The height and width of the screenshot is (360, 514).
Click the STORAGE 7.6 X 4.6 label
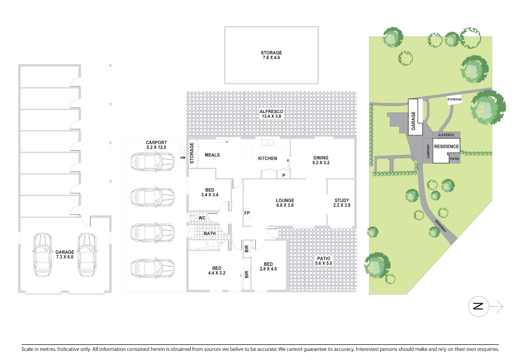pyautogui.click(x=271, y=55)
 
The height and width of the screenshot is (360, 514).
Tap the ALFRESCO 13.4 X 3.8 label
pyautogui.click(x=271, y=114)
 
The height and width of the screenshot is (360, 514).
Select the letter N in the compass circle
pyautogui.click(x=478, y=306)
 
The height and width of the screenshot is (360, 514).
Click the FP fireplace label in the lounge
pyautogui.click(x=247, y=213)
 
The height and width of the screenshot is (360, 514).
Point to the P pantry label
pyautogui.click(x=284, y=175)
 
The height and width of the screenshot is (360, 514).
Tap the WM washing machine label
pyautogui.click(x=183, y=158)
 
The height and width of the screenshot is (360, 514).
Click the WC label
pyautogui.click(x=202, y=218)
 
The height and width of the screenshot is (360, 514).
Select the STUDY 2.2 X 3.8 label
pyautogui.click(x=342, y=203)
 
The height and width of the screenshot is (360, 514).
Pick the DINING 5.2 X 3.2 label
pyautogui.click(x=321, y=160)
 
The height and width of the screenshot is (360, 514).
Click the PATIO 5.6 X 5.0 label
pyautogui.click(x=324, y=261)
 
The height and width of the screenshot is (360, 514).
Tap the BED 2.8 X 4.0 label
pyautogui.click(x=268, y=266)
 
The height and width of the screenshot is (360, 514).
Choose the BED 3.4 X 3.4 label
pyautogui.click(x=210, y=192)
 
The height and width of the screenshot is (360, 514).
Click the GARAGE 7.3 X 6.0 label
pyautogui.click(x=65, y=254)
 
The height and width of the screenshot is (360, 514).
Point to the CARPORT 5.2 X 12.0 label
pyautogui.click(x=156, y=145)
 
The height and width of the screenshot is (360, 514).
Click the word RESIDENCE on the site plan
pyautogui.click(x=446, y=146)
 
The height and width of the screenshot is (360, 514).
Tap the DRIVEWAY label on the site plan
pyautogui.click(x=441, y=226)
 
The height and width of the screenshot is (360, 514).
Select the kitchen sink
pyautogui.click(x=268, y=142)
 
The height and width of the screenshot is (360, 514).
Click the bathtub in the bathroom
pyautogui.click(x=198, y=245)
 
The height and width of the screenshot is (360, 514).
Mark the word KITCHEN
pyautogui.click(x=267, y=159)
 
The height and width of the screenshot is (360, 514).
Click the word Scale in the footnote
pyautogui.click(x=27, y=349)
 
